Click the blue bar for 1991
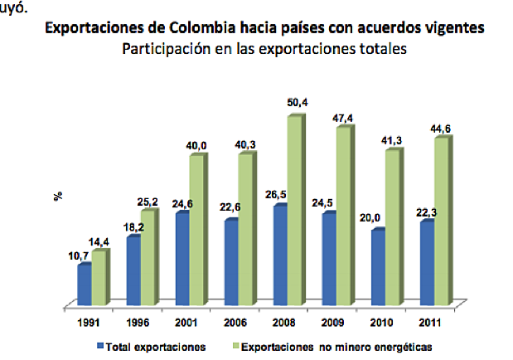[84, 283]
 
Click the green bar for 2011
[442, 220]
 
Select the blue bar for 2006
[231, 260]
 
